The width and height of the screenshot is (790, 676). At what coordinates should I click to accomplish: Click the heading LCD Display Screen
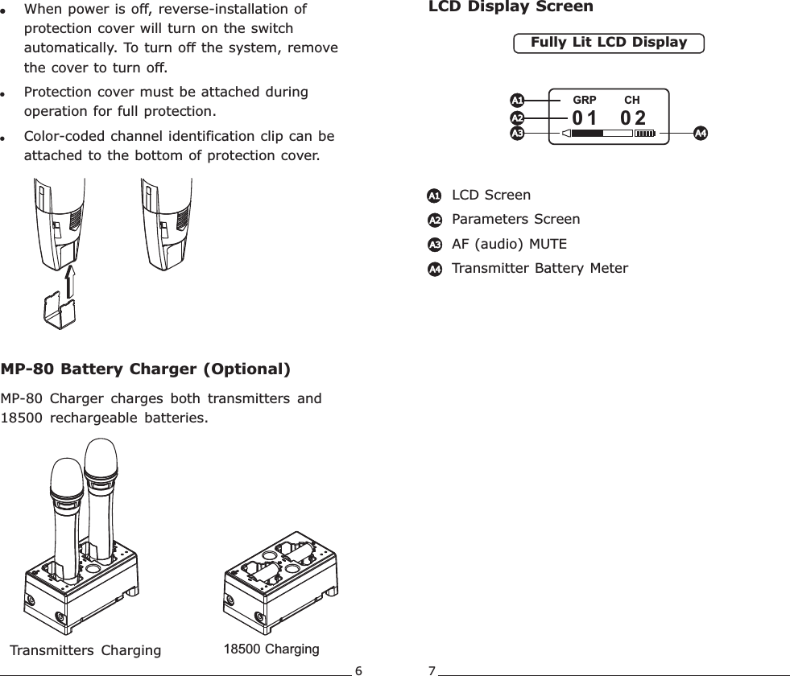tap(508, 7)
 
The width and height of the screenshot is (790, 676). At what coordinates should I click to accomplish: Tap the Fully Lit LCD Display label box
tap(609, 43)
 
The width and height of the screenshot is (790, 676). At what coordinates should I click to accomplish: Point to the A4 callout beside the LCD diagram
tap(701, 132)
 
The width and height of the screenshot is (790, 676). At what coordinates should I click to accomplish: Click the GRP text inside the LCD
tap(584, 101)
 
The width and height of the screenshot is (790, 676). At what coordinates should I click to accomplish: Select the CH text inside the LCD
tap(632, 101)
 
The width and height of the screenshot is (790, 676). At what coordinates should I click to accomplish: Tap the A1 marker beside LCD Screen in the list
tap(434, 196)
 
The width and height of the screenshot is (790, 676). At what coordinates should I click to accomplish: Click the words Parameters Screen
tap(515, 219)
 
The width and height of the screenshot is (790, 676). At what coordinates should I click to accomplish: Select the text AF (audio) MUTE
tap(509, 243)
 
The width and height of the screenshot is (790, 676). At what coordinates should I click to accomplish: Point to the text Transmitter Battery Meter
tap(540, 267)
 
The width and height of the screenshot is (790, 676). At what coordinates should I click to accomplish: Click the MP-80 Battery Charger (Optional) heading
tap(146, 370)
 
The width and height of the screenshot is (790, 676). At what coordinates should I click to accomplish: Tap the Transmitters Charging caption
tap(85, 650)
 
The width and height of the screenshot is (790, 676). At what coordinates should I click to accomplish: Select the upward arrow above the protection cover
tap(69, 282)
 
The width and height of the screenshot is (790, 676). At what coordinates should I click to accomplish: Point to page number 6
tap(359, 670)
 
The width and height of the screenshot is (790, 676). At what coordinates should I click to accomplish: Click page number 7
tap(432, 670)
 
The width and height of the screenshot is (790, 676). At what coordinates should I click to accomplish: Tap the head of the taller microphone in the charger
tap(101, 460)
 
